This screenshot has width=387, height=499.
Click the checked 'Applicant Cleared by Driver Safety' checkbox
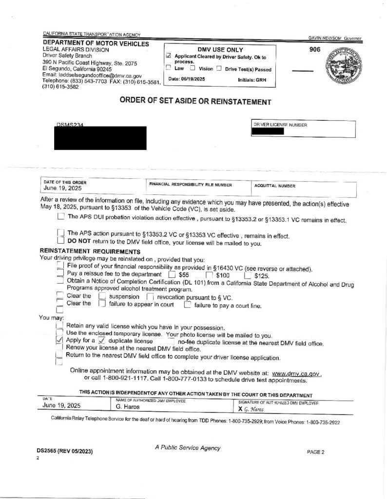tap(169, 57)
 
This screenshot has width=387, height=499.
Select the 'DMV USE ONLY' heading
tap(220, 50)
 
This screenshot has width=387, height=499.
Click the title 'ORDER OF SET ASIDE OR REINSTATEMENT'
tap(195, 101)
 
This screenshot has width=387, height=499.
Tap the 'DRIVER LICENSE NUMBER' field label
tap(280, 125)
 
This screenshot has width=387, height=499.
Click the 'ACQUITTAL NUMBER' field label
tap(274, 186)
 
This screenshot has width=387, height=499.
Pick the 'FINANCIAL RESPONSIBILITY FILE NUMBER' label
tap(191, 185)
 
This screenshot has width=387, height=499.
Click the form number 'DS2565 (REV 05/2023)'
tap(64, 451)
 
